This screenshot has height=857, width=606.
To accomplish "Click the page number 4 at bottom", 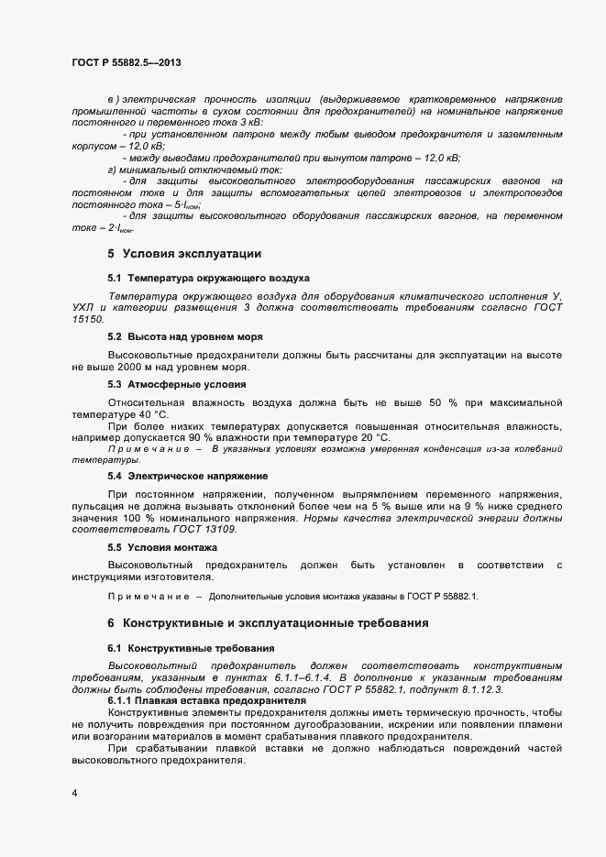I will coord(74,793).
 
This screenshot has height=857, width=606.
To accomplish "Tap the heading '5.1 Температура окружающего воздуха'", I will coord(208,277).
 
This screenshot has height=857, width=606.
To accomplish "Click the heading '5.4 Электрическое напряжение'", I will coord(187,476).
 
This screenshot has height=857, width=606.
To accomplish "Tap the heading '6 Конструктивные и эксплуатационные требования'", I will coord(268,622).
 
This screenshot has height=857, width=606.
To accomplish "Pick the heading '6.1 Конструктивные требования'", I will coord(191,648).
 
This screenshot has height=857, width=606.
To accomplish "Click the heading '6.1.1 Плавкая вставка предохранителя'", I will coord(205,700).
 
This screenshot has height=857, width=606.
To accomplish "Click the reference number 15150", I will coord(88,319).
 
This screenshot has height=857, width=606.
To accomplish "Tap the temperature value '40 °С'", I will coord(153,414).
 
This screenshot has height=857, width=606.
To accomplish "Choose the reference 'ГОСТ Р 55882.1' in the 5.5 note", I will coord(445,596).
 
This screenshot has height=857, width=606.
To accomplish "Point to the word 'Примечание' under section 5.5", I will coord(149,596).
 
